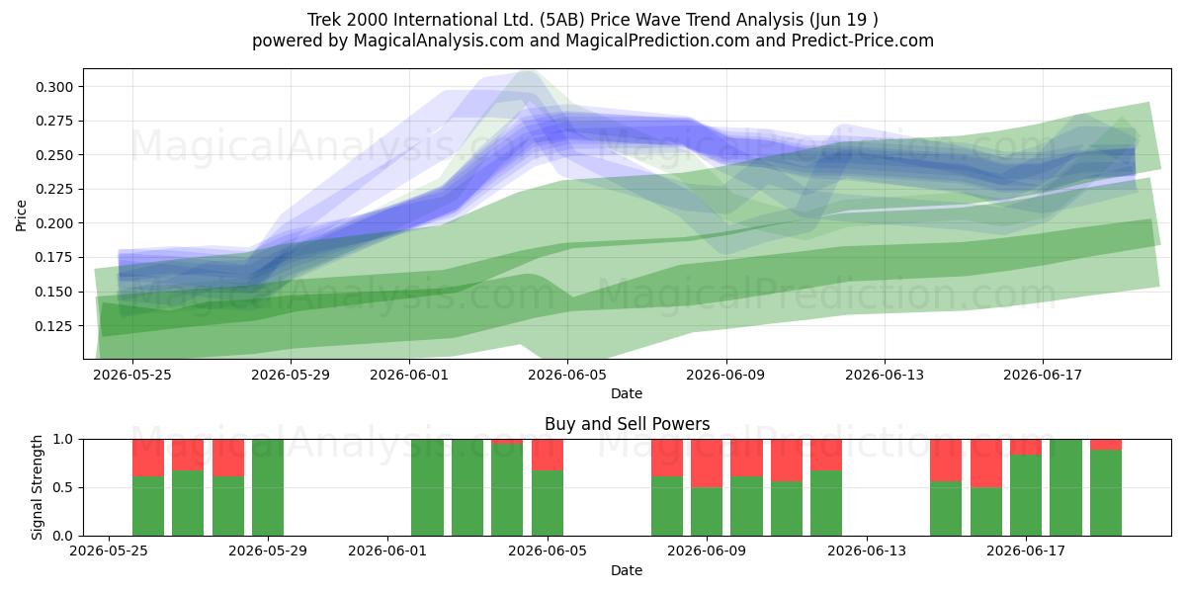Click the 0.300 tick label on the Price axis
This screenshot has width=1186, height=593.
pyautogui.click(x=54, y=87)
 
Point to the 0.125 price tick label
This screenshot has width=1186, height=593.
pyautogui.click(x=54, y=326)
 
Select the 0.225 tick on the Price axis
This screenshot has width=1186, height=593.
pyautogui.click(x=54, y=189)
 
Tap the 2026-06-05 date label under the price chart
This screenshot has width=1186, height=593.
pyautogui.click(x=567, y=375)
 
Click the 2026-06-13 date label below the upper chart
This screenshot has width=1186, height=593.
pyautogui.click(x=885, y=375)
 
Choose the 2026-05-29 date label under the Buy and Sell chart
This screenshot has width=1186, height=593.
pyautogui.click(x=268, y=551)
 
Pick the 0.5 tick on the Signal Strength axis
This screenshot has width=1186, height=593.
pyautogui.click(x=63, y=487)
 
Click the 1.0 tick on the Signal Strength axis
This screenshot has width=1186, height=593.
pyautogui.click(x=63, y=439)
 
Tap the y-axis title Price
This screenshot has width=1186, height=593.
pyautogui.click(x=21, y=215)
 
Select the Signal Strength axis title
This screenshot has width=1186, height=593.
pyautogui.click(x=37, y=487)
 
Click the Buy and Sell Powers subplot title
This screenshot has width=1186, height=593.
pyautogui.click(x=627, y=424)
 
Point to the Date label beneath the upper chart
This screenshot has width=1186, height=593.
pyautogui.click(x=627, y=393)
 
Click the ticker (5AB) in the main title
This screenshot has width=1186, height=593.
pyautogui.click(x=562, y=20)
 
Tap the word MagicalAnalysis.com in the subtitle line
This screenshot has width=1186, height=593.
pyautogui.click(x=439, y=41)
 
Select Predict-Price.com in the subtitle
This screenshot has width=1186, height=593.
pyautogui.click(x=863, y=41)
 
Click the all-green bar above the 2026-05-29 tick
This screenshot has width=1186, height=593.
pyautogui.click(x=268, y=487)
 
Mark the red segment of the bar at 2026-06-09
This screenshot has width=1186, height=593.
pyautogui.click(x=707, y=463)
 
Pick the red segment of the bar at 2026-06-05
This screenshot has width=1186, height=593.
pyautogui.click(x=548, y=455)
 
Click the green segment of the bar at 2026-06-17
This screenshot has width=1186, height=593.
pyautogui.click(x=1026, y=495)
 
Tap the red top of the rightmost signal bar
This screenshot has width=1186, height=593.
pyautogui.click(x=1106, y=444)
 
